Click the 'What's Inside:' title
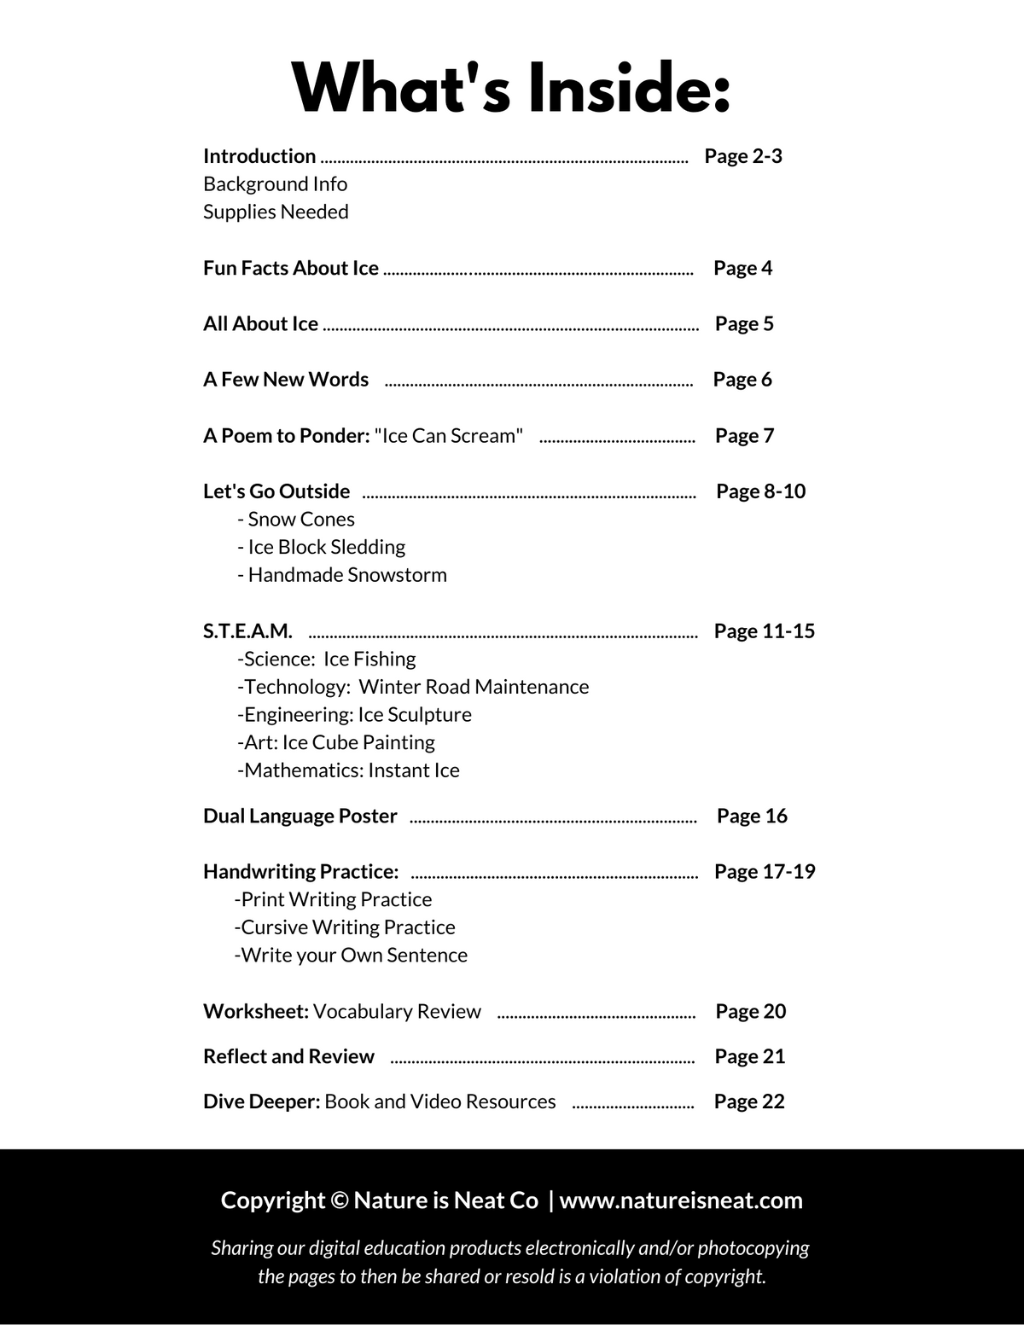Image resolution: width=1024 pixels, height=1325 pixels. click(511, 88)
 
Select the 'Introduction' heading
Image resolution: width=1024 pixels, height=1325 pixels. click(259, 156)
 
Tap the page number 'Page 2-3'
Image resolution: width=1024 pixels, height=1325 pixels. click(742, 156)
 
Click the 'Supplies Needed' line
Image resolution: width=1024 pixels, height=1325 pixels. click(276, 212)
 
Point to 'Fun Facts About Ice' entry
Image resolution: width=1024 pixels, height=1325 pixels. click(290, 268)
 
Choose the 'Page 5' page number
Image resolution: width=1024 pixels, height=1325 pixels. click(744, 323)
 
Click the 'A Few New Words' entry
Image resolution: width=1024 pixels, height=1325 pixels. click(286, 380)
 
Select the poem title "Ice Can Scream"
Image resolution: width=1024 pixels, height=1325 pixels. click(449, 436)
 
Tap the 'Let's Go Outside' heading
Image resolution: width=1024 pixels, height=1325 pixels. click(276, 491)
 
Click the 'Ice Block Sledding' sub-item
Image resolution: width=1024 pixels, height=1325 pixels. click(322, 547)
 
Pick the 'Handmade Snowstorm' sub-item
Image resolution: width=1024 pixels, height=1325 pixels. click(342, 575)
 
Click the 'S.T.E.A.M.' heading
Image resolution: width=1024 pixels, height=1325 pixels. click(247, 631)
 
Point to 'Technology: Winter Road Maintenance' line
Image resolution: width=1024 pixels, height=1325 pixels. click(413, 687)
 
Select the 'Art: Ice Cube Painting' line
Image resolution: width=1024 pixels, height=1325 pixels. click(336, 742)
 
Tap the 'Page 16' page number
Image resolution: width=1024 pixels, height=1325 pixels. click(752, 816)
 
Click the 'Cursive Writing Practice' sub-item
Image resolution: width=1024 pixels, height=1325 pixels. click(345, 927)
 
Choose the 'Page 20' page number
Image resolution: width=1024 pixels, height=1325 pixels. click(750, 1011)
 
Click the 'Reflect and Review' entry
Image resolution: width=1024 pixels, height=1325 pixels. click(288, 1056)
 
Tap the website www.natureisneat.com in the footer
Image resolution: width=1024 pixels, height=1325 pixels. click(681, 1200)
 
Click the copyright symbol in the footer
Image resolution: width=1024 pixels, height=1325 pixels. click(339, 1200)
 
